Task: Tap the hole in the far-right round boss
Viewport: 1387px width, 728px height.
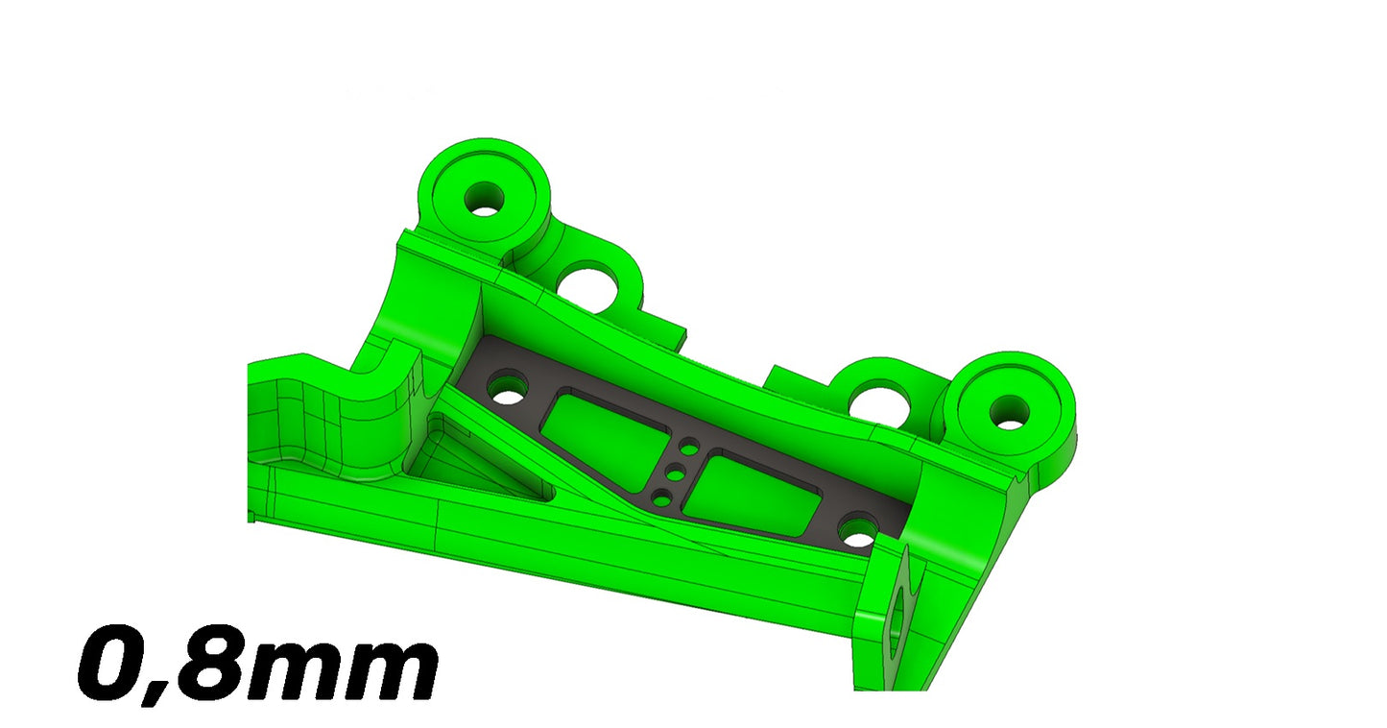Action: point(1009,412)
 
